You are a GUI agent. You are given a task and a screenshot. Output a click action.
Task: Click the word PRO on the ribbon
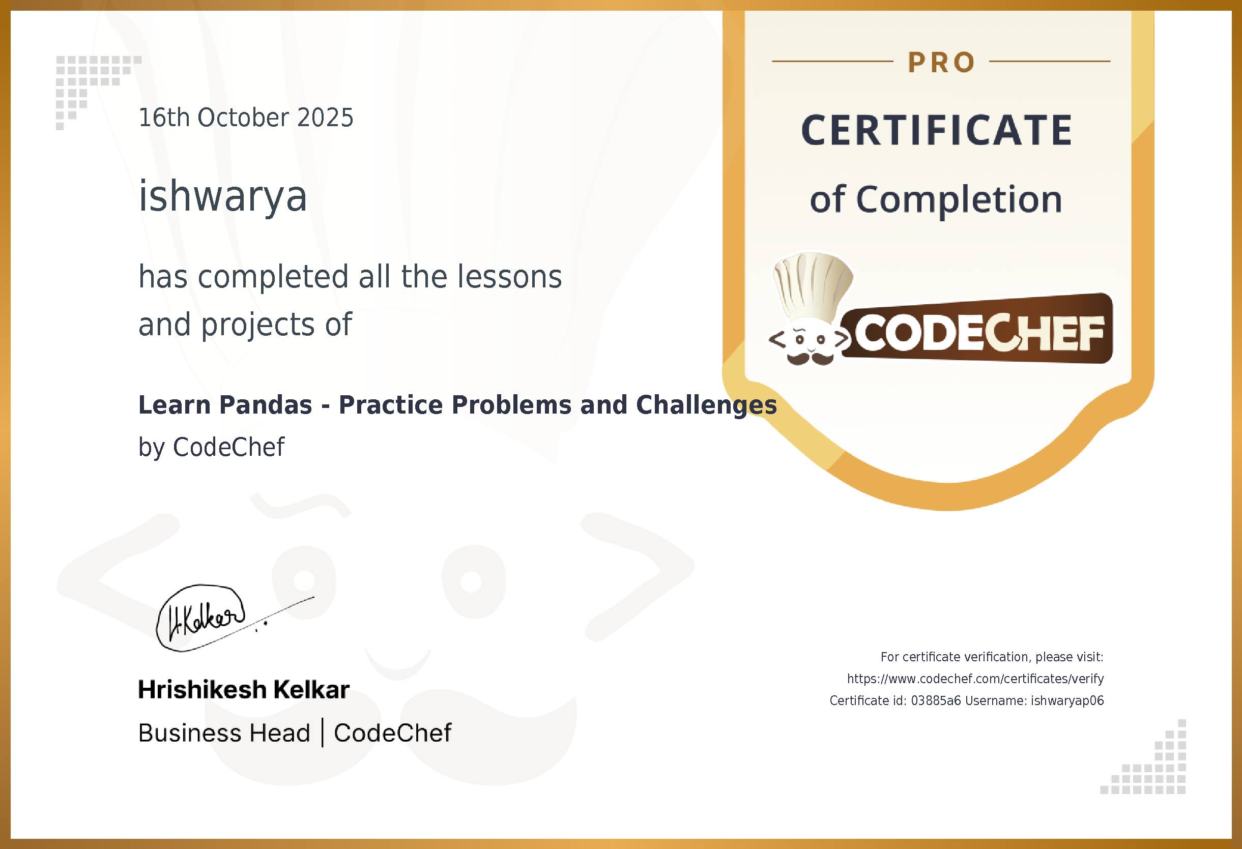point(941,63)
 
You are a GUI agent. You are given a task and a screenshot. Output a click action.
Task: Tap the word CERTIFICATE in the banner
point(937,130)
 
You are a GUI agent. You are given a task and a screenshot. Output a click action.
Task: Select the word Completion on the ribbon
point(959,199)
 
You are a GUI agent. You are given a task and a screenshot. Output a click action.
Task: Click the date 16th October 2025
point(246,118)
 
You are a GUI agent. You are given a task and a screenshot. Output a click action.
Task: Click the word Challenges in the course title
point(706,405)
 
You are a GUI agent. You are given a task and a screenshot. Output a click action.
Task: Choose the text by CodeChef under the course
point(212,447)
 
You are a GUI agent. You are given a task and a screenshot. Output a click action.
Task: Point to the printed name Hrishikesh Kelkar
point(244,690)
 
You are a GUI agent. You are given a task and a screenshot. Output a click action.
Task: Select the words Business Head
point(224,733)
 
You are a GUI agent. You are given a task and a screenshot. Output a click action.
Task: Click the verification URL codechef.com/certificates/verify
point(975,679)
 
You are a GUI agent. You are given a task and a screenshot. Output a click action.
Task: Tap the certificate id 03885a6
point(935,700)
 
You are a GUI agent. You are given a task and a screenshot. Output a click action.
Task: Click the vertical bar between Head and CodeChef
point(322,733)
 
